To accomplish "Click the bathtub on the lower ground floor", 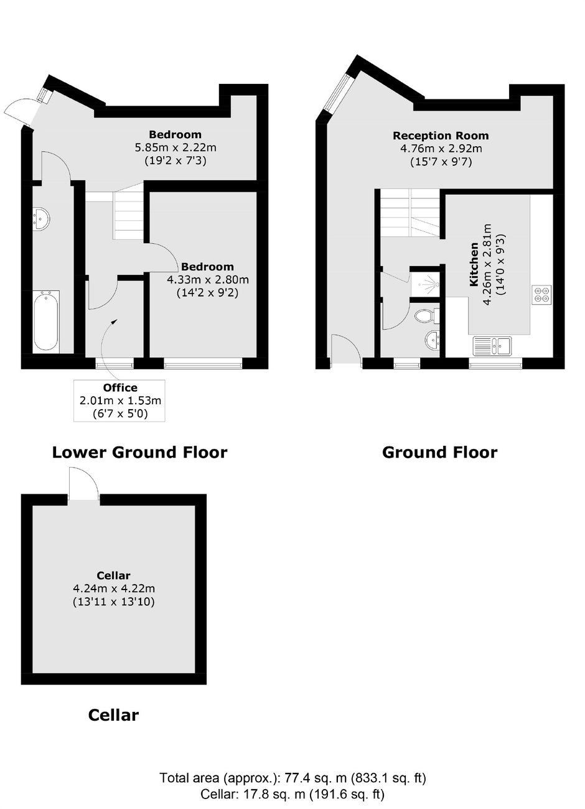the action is coord(45,320).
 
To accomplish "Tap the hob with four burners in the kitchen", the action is coord(541,294).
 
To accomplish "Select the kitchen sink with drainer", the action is coord(492,346).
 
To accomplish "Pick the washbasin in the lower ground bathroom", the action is coord(41,218).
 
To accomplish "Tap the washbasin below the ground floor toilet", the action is coord(433,340).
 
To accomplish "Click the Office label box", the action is coord(119,400).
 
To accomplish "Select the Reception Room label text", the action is coord(441,136).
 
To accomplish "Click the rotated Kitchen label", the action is coord(474,264).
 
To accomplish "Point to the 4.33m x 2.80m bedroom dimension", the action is coord(207,280).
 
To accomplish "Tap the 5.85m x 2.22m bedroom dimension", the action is coord(175,147).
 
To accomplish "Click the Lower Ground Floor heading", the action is coord(140,452).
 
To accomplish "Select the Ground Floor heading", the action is coord(439,452).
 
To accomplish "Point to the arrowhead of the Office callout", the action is coord(115,321).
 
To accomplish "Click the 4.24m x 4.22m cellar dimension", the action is coord(114,588).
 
